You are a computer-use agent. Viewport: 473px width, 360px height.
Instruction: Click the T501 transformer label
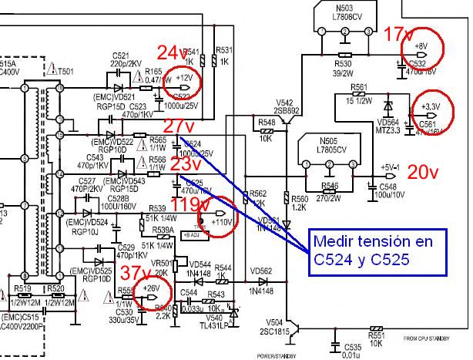click(x=65, y=72)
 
